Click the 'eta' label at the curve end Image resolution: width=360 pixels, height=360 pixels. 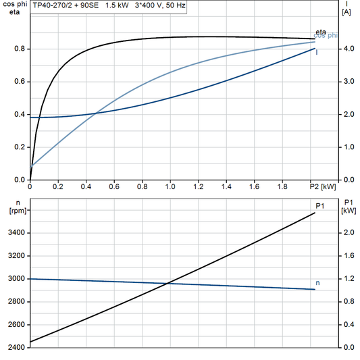tap(321, 32)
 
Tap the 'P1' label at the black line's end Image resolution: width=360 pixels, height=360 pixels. tap(322, 205)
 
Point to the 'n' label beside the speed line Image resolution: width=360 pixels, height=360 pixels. tap(319, 283)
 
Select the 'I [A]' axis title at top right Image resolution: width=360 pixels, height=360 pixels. tap(346, 7)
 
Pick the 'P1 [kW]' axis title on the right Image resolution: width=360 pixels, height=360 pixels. tap(349, 205)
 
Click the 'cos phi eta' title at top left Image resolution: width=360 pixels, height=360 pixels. tap(12, 7)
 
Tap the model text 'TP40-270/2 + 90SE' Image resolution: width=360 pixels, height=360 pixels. tap(67, 5)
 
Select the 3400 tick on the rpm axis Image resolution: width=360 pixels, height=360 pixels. tap(16, 232)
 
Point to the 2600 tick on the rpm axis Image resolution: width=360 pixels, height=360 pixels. tap(16, 324)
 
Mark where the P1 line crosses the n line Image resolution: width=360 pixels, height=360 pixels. tap(168, 283)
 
